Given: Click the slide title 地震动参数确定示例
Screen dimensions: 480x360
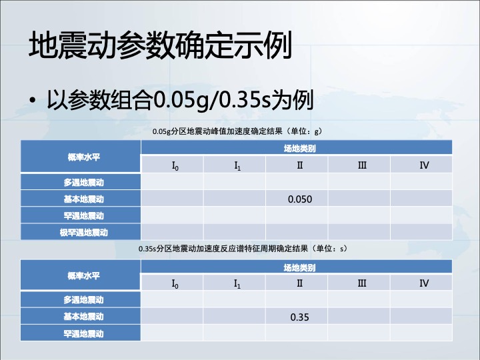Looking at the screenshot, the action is (160, 45).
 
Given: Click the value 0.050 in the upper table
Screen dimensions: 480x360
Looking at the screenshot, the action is (300, 199).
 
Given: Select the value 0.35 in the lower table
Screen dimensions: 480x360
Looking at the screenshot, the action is (300, 317).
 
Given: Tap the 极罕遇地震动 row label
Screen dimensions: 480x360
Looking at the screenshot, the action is (83, 233).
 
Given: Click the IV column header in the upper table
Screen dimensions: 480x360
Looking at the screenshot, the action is (424, 165).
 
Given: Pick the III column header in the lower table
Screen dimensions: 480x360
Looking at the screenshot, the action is (362, 283).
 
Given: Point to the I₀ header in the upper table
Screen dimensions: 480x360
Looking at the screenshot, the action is (175, 166).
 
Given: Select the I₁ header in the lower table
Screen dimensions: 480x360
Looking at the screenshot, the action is (237, 284).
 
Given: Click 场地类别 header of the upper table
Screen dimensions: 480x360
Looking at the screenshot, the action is (300, 149).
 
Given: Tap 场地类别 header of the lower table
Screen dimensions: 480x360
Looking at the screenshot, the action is (300, 268).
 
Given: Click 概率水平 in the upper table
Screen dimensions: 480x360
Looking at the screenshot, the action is (83, 157).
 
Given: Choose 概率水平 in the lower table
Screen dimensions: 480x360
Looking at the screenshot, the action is (83, 276).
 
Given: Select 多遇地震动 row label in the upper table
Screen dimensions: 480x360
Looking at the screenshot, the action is (83, 183).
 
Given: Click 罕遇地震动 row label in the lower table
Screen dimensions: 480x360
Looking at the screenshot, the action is (83, 333).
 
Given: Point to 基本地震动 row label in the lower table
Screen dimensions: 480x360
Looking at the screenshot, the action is (83, 316).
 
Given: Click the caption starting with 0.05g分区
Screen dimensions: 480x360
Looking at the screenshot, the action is (237, 131).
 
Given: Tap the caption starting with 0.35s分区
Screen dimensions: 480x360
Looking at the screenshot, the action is (243, 248).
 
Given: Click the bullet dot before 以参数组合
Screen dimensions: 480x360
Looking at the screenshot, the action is (33, 100).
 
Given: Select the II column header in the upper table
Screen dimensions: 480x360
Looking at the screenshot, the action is (300, 165).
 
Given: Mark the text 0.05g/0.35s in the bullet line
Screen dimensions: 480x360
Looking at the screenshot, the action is (212, 100).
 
